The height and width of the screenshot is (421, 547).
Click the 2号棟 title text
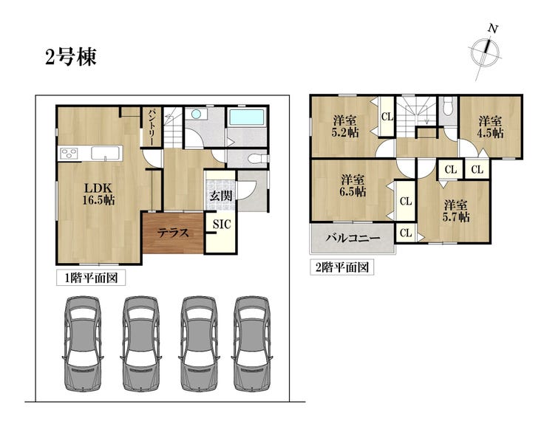click(x=71, y=57)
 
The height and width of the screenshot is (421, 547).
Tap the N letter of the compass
click(x=492, y=29)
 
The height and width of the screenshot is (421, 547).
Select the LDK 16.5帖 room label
click(x=99, y=194)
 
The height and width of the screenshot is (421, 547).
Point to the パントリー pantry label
click(x=152, y=127)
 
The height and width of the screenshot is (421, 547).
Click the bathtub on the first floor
click(x=247, y=117)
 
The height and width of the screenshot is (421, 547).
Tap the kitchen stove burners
click(x=69, y=154)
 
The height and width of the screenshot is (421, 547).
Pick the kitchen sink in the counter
click(x=106, y=153)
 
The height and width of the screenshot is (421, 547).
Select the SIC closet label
click(x=222, y=224)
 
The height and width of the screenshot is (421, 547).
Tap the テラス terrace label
click(x=173, y=233)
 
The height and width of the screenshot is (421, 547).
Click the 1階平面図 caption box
click(x=91, y=278)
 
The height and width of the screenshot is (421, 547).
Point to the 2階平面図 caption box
click(x=342, y=267)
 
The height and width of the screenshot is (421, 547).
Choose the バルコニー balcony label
click(x=353, y=239)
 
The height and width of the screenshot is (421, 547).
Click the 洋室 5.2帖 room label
click(x=345, y=127)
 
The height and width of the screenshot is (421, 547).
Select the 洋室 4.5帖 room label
click(x=490, y=127)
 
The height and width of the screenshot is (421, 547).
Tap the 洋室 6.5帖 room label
click(x=353, y=185)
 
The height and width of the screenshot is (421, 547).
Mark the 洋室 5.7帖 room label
click(x=456, y=210)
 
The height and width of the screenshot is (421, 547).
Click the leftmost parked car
click(x=83, y=343)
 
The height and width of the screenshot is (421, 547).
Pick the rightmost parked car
click(x=252, y=343)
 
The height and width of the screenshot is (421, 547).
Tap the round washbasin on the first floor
click(x=196, y=114)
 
